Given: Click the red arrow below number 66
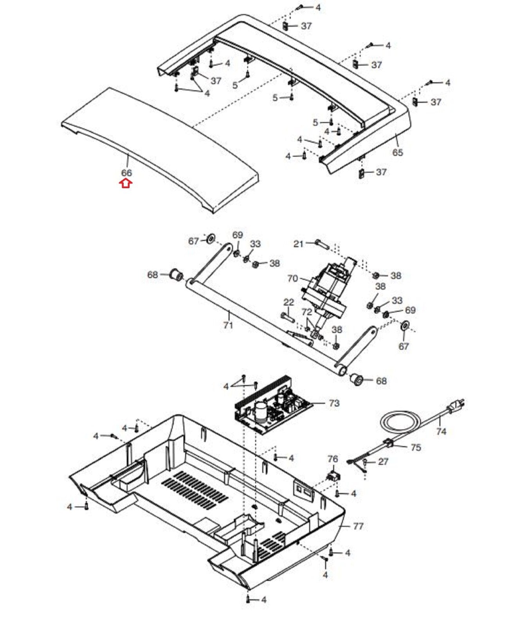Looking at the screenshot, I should point(126,183).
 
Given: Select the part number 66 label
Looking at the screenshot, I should point(126,173).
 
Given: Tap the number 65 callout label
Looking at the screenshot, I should point(397,152).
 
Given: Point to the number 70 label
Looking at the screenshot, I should point(292,279).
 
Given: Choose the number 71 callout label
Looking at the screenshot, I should point(228,325).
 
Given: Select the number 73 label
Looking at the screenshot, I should point(334,403).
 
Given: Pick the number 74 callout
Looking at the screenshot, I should point(441,432).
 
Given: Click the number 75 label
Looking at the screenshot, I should point(416,447).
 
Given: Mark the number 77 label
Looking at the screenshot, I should point(358,526).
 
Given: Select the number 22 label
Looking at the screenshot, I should point(288,302).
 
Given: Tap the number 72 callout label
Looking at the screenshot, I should point(307,312).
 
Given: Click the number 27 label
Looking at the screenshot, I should point(383,462).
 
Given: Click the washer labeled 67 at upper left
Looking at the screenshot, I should point(212,238).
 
